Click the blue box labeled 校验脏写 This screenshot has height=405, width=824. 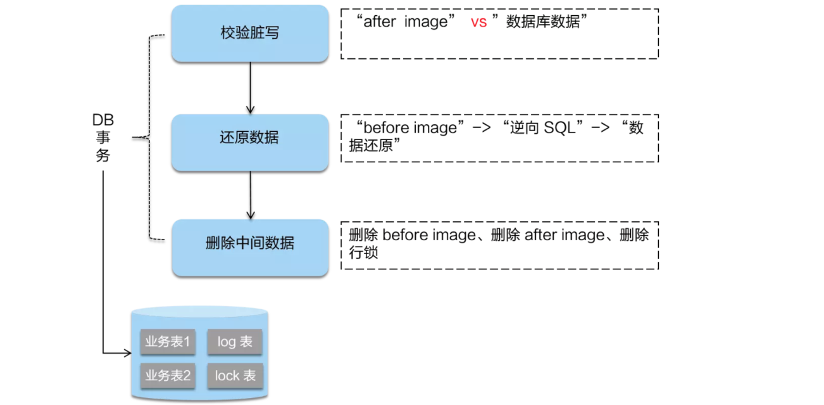pyautogui.click(x=250, y=34)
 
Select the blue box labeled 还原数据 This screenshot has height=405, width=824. pyautogui.click(x=250, y=138)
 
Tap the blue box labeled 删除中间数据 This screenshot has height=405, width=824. pyautogui.click(x=250, y=243)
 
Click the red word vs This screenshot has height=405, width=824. pyautogui.click(x=479, y=23)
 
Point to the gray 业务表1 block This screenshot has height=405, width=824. pyautogui.click(x=168, y=342)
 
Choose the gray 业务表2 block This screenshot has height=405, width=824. pyautogui.click(x=168, y=375)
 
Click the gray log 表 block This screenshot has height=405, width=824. pyautogui.click(x=235, y=342)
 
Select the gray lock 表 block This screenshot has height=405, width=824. pyautogui.click(x=235, y=375)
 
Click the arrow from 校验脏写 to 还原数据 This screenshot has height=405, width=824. pyautogui.click(x=251, y=88)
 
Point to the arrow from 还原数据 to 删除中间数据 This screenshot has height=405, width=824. pyautogui.click(x=251, y=193)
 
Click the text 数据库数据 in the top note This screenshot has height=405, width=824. pyautogui.click(x=544, y=23)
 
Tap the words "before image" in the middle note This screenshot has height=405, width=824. pyautogui.click(x=413, y=128)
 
